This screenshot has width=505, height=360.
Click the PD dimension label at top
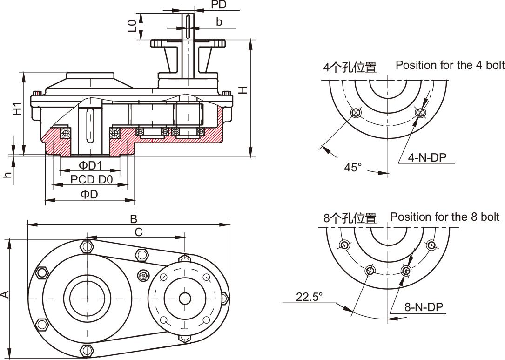219,5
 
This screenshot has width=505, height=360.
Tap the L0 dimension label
133,26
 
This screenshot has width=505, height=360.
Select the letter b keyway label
219,21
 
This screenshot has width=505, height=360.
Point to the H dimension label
242,90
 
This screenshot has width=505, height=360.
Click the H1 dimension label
17,108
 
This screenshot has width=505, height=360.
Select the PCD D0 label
92,179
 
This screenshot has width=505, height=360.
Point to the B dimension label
134,218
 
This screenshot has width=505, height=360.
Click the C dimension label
138,231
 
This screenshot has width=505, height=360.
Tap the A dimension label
5,294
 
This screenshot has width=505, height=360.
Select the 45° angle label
353,167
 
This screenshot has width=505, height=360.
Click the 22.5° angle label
309,296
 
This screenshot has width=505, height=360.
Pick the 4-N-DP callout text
427,157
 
